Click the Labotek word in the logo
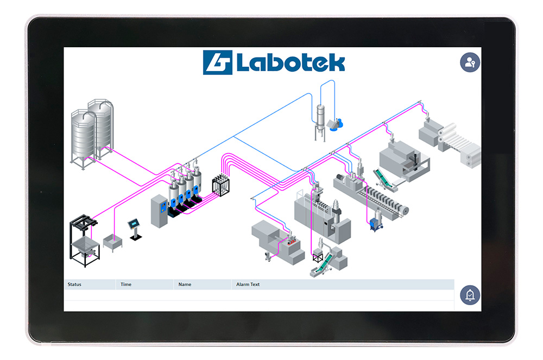coord(291,62)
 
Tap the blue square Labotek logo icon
coord(218,62)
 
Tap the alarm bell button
coord(470,295)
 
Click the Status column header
coord(74,284)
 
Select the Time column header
coord(126,284)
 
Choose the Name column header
coord(185,284)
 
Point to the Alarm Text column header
coord(248,284)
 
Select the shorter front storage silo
coord(83,138)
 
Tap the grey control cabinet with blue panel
coord(159,211)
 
